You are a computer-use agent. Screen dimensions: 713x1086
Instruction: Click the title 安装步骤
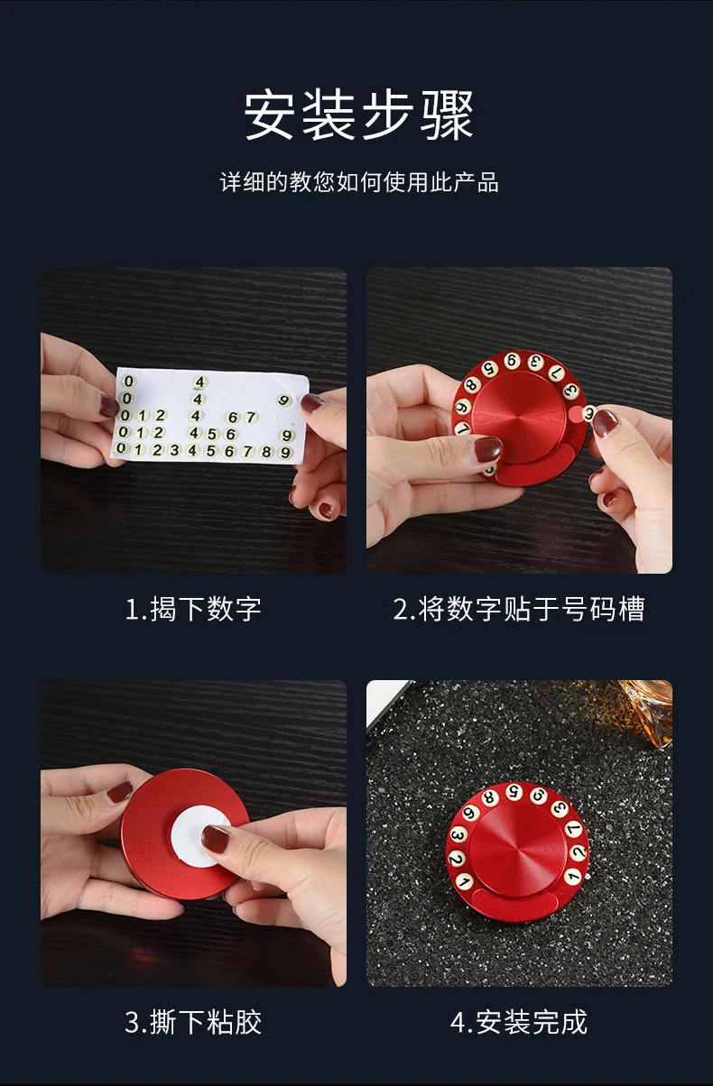pyautogui.click(x=358, y=115)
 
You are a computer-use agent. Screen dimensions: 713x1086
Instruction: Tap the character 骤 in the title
pyautogui.click(x=446, y=115)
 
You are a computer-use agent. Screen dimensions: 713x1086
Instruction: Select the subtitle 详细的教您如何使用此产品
pyautogui.click(x=359, y=182)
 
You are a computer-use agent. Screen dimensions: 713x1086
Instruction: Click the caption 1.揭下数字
pyautogui.click(x=193, y=609)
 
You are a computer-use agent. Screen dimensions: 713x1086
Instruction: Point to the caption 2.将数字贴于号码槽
pyautogui.click(x=518, y=609)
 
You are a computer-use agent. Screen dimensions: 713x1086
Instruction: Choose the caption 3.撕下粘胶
pyautogui.click(x=193, y=1022)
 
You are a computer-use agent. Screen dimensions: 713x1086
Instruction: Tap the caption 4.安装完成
pyautogui.click(x=518, y=1022)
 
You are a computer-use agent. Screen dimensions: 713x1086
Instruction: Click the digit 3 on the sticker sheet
pyautogui.click(x=174, y=450)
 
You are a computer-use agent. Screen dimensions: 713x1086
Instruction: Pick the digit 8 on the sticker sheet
pyautogui.click(x=266, y=451)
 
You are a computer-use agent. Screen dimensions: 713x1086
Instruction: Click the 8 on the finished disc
pyautogui.click(x=489, y=797)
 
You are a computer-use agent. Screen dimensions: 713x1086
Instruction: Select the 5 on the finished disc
pyautogui.click(x=514, y=792)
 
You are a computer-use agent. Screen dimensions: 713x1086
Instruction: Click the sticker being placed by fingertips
pyautogui.click(x=588, y=413)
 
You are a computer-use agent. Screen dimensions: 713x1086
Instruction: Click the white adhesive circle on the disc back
pyautogui.click(x=199, y=837)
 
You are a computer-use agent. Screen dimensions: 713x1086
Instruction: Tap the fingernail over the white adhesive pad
pyautogui.click(x=216, y=839)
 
